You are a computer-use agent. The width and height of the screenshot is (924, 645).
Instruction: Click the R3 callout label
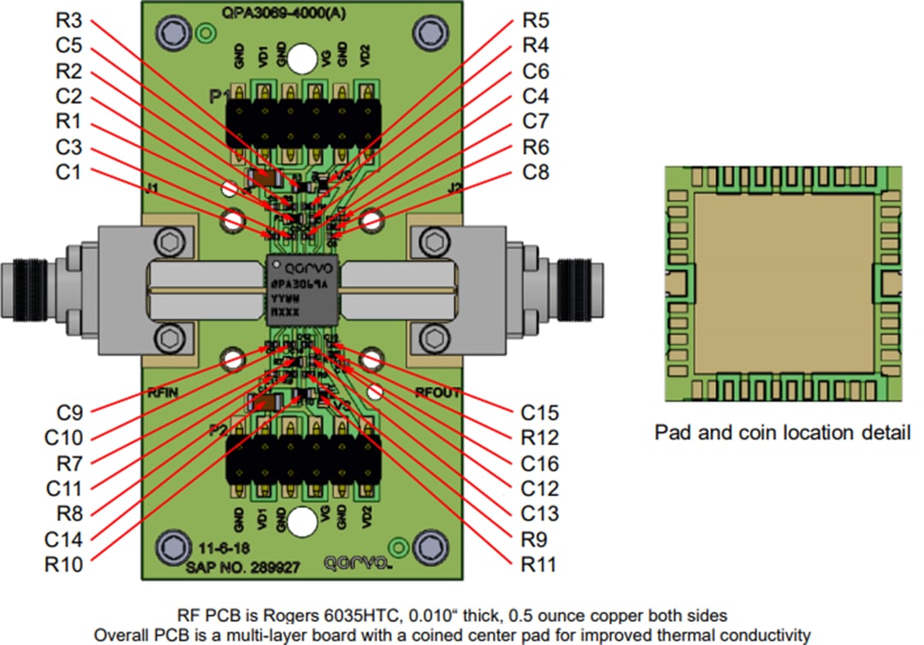71,21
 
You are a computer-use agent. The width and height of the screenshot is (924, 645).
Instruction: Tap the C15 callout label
541,412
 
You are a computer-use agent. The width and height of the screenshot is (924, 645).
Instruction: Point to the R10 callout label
66,565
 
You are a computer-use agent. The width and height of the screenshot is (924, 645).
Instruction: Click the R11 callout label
539,565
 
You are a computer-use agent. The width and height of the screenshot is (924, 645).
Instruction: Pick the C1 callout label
71,173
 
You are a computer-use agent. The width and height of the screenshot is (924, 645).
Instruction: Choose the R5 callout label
537,21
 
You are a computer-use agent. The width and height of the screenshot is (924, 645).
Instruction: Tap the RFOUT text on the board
438,394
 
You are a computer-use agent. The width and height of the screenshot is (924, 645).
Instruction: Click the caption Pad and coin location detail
782,432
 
